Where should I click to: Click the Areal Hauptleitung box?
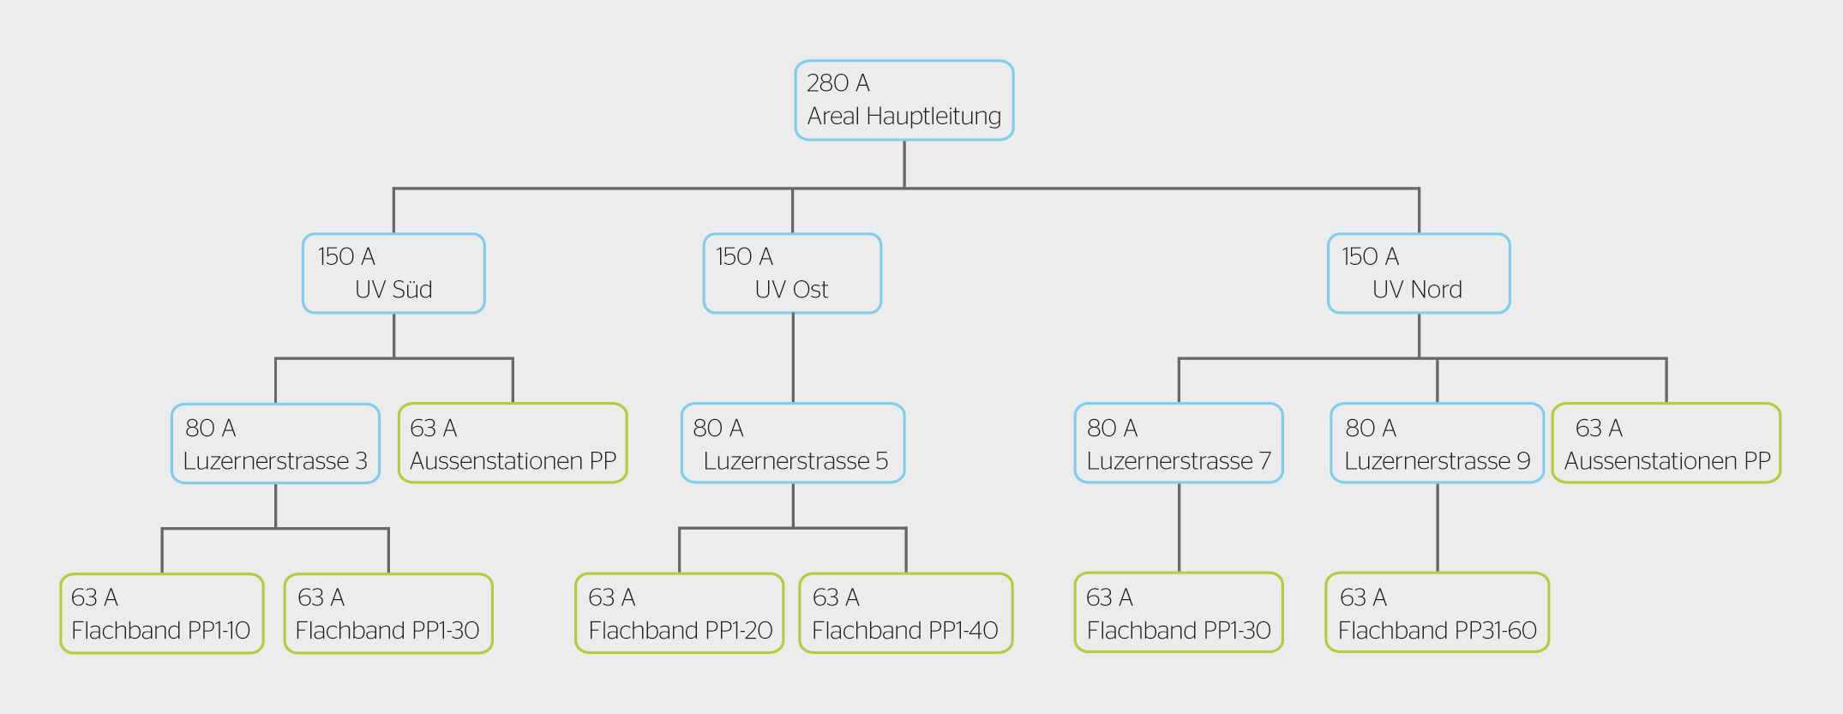904,100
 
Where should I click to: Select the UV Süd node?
393,273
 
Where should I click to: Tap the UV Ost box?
792,273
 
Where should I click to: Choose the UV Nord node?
1419,273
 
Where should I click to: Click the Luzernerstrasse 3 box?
275,444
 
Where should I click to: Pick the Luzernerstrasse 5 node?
793,443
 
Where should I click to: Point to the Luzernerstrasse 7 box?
1179,443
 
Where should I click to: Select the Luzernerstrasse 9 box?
1438,443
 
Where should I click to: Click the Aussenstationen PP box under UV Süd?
513,443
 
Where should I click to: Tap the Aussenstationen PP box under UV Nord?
1666,443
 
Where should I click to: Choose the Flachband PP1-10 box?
162,614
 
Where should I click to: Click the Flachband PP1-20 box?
680,613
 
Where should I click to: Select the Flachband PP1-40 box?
906,613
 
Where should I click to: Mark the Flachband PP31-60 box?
1438,613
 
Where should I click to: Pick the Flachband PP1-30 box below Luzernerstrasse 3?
388,614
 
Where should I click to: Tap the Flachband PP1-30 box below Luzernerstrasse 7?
1179,613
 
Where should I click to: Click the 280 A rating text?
838,83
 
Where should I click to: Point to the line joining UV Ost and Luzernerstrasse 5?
793,358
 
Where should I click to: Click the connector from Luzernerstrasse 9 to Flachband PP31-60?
1438,528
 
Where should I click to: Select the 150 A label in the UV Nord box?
1370,256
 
